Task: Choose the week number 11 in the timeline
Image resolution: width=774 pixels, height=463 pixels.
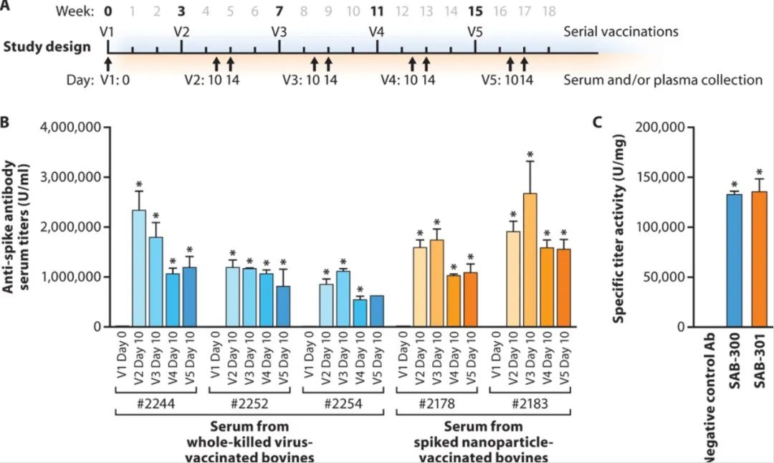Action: (x=377, y=12)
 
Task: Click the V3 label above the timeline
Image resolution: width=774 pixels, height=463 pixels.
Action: (x=279, y=32)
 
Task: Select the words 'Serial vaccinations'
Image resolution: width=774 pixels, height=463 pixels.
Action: (x=621, y=32)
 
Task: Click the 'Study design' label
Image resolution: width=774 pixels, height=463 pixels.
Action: (x=47, y=47)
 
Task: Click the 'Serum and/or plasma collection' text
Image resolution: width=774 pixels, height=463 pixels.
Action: (x=663, y=80)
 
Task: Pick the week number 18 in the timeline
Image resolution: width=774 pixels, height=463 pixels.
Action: (x=549, y=12)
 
